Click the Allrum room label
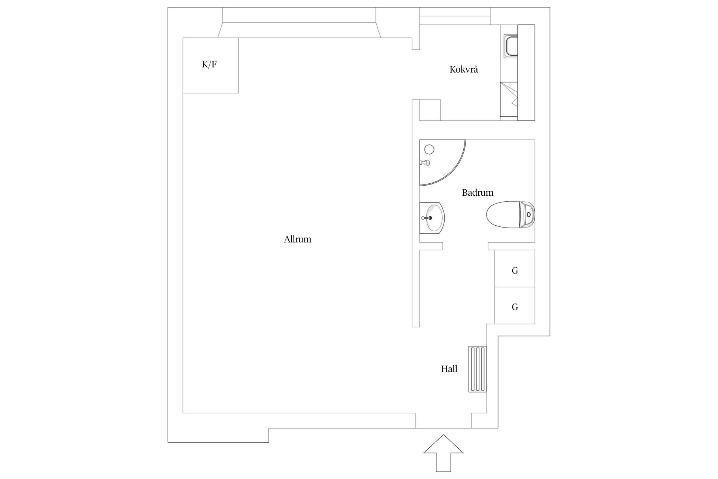[x=297, y=239]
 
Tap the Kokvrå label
[x=464, y=69]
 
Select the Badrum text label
[x=478, y=192]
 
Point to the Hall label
[x=449, y=369]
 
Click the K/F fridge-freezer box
[x=211, y=65]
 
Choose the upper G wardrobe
[x=515, y=268]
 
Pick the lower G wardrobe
[x=515, y=305]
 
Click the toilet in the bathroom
[x=511, y=215]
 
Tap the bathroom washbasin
[x=432, y=217]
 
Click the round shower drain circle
[x=429, y=150]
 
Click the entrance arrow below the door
[x=444, y=453]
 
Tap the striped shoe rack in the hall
[x=478, y=369]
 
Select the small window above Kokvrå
[x=455, y=16]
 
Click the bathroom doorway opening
[x=466, y=246]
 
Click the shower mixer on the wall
[x=425, y=163]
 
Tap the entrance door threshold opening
[x=444, y=421]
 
